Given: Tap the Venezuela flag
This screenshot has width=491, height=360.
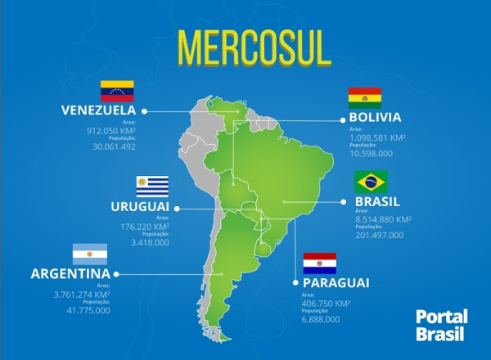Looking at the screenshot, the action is coord(117,91).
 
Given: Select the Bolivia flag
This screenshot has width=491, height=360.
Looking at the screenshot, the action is coord(364,98).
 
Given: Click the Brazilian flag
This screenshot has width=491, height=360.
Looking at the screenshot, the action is coord(371,182).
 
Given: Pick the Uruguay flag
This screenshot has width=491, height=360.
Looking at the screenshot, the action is coord(152,186).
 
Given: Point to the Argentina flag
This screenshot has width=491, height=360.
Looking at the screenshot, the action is coord(90,254).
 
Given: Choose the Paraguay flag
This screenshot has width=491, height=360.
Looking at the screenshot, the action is coord(319,263).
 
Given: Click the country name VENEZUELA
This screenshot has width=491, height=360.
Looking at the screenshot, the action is coord(98,110).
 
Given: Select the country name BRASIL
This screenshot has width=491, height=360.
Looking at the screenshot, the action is coord(377,201).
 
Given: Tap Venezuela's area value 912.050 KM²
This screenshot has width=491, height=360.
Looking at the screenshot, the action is coord(110,130).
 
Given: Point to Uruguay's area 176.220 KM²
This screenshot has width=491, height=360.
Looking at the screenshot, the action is coord(144,227).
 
